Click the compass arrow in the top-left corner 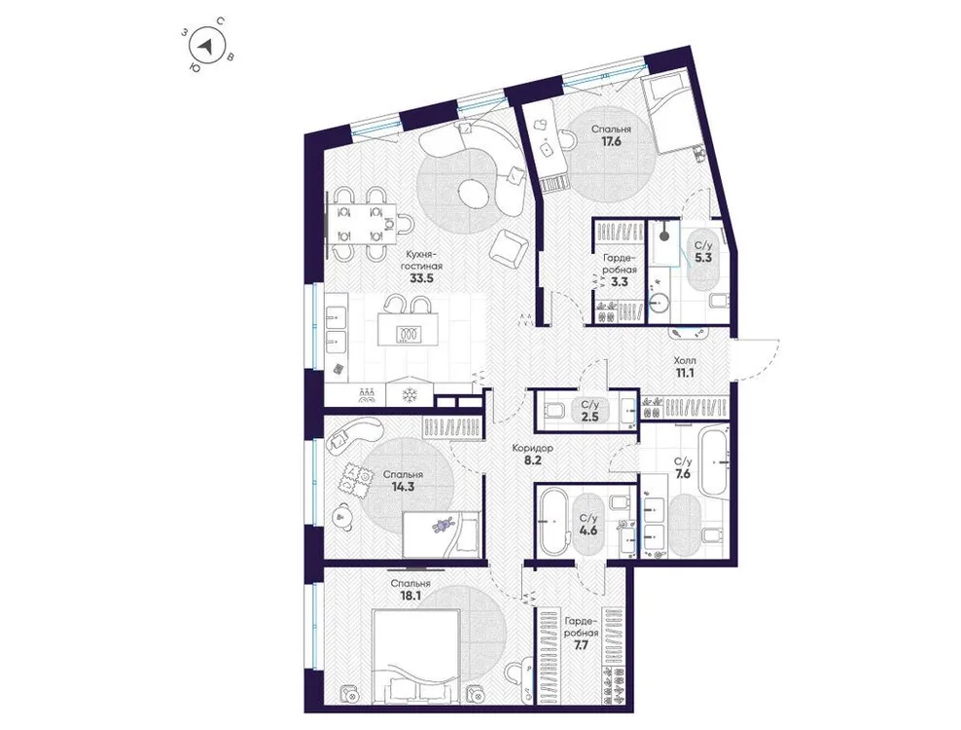tap(205, 46)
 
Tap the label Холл tap(686, 359)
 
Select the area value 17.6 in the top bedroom tap(610, 141)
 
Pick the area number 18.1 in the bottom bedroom tap(409, 597)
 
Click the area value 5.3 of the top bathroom tap(701, 259)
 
